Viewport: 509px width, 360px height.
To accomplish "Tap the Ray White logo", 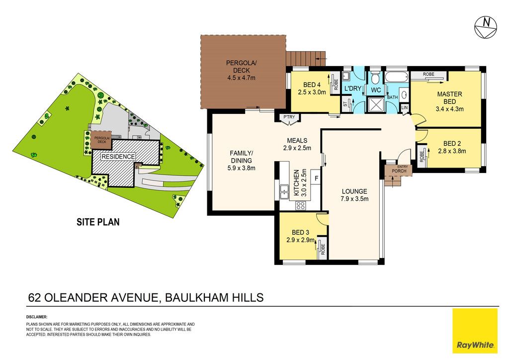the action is [475, 331].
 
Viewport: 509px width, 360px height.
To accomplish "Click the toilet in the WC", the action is [376, 77].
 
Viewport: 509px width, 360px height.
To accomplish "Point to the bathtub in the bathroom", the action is [397, 77].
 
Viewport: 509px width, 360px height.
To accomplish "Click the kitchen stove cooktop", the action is [301, 205].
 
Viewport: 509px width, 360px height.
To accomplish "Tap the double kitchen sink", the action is [284, 191].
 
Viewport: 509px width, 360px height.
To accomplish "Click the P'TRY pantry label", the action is [289, 117].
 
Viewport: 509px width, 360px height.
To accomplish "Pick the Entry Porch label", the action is [399, 169].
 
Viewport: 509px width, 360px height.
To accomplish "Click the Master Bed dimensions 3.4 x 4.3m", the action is [449, 109].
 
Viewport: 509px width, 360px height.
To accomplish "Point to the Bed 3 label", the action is [300, 232].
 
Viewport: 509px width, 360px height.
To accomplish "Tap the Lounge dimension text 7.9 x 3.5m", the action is [354, 199].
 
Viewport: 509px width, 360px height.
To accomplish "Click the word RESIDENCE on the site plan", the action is [118, 157].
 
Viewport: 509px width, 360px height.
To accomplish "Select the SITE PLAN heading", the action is [98, 222].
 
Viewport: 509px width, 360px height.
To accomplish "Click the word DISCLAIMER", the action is [37, 317].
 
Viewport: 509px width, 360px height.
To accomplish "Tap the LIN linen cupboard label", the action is [405, 107].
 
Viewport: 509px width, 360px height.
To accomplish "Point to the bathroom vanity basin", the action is [404, 95].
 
